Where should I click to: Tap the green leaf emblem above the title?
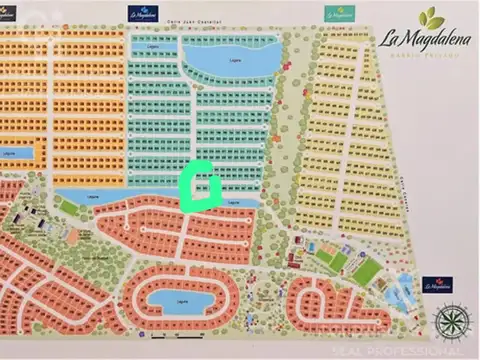click(432, 18)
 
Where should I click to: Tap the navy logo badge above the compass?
click(438, 287)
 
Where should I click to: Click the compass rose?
click(451, 322)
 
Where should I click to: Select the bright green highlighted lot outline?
click(201, 184)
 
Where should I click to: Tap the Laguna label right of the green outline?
click(234, 203)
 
